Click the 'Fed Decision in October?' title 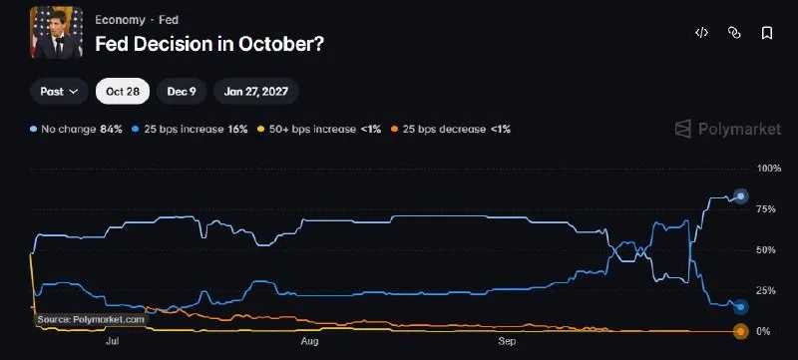click(209, 44)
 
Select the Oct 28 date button click(123, 92)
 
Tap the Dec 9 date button click(182, 92)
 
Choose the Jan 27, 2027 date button click(256, 92)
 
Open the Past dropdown click(59, 92)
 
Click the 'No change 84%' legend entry click(77, 130)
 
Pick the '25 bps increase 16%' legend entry click(191, 130)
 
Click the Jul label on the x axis click(113, 341)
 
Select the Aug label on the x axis click(309, 341)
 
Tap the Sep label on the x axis click(507, 341)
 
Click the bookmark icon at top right click(766, 34)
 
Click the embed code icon click(702, 34)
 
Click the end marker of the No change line click(741, 195)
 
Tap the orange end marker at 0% click(741, 332)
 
